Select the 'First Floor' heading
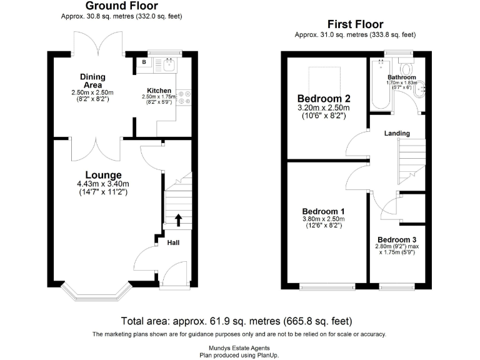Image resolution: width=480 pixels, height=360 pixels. [355, 24]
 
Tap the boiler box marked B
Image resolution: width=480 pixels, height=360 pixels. [144, 62]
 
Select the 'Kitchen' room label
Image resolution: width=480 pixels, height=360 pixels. [159, 90]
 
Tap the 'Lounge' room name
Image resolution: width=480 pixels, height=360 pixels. [103, 174]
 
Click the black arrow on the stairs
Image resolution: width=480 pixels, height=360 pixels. [178, 219]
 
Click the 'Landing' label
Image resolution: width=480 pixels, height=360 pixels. [396, 133]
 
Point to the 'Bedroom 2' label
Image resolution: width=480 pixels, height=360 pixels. [323, 99]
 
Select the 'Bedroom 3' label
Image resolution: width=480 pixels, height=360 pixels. [397, 240]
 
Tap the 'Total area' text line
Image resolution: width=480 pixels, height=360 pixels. [236, 321]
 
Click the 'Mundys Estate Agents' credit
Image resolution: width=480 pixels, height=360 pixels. [239, 347]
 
